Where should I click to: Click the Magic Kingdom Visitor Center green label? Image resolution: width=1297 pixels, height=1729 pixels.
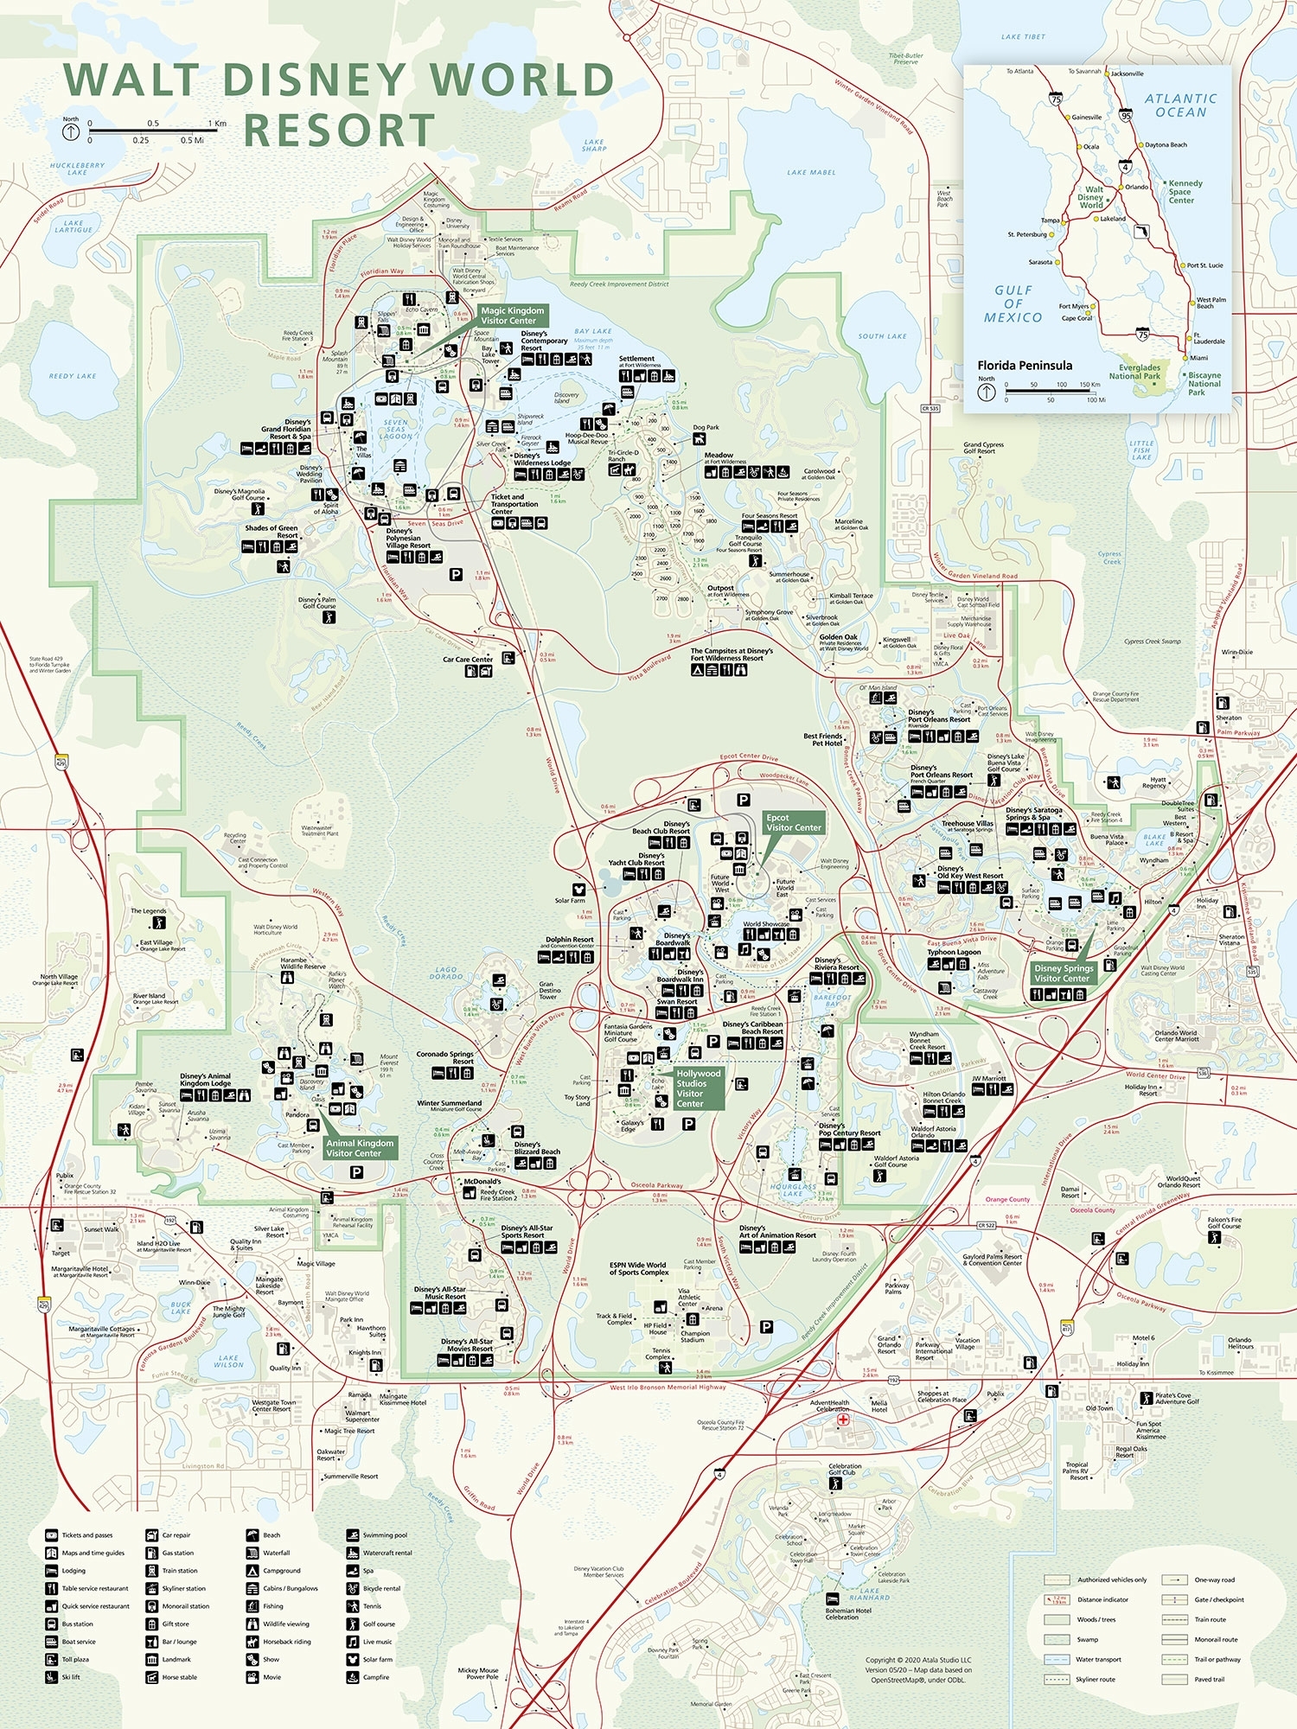point(512,316)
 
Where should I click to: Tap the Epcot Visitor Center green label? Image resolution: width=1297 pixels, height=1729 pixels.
point(793,822)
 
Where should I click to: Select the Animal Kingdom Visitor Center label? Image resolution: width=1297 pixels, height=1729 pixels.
point(360,1147)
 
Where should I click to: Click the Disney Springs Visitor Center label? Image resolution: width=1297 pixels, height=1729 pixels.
point(1064,973)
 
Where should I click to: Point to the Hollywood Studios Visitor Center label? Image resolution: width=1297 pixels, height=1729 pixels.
point(697,1088)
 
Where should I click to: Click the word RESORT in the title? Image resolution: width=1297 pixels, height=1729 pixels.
point(339,131)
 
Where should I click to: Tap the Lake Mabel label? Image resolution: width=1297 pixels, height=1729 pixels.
point(811,172)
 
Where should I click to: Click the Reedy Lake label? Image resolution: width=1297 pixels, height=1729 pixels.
point(73,376)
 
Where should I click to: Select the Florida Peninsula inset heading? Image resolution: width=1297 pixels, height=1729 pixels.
point(1024,365)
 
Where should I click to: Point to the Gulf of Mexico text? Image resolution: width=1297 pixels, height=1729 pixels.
point(1013,304)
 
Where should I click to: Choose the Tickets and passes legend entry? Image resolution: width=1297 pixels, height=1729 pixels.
point(86,1535)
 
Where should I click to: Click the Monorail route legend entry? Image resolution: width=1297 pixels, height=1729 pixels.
point(1216,1639)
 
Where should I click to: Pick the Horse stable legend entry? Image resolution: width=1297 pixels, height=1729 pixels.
point(179,1677)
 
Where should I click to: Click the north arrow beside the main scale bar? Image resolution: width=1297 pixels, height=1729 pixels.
point(71,131)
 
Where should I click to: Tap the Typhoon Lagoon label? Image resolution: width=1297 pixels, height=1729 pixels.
point(954,952)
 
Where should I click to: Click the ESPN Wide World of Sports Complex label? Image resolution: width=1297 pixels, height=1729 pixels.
point(637,1268)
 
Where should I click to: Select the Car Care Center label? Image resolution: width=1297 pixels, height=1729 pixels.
point(468,660)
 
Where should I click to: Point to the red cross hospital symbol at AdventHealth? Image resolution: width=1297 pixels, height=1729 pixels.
point(842,1419)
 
